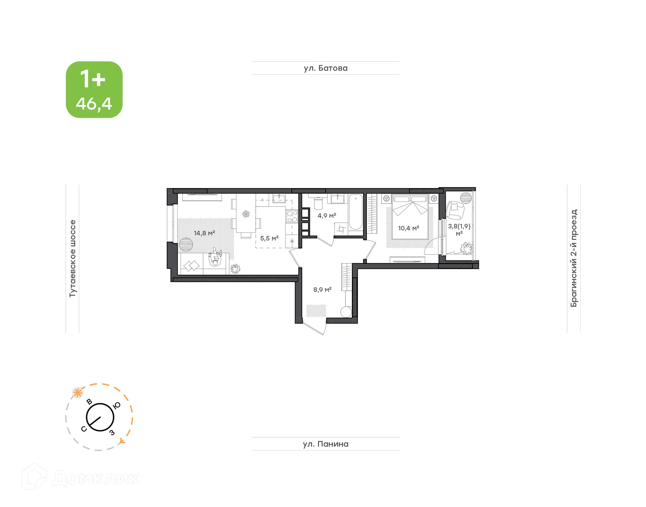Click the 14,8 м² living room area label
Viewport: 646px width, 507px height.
[204, 233]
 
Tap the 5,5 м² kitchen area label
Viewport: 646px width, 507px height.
[269, 239]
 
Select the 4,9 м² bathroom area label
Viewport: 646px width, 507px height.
[327, 216]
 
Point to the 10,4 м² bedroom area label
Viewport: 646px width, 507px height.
[408, 228]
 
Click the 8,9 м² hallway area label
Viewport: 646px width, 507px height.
[322, 290]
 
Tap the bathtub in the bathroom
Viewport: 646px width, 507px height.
[355, 212]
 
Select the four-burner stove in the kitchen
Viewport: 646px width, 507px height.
[292, 216]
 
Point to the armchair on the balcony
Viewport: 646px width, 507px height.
[455, 210]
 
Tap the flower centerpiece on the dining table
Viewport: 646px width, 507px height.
[246, 214]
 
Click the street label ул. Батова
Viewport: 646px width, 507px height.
[325, 68]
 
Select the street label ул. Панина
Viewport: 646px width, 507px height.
[325, 444]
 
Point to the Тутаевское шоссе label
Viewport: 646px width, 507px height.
[73, 258]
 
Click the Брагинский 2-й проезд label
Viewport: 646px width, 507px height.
[574, 258]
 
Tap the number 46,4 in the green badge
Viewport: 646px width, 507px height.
[94, 104]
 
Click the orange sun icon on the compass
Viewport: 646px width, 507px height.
[78, 393]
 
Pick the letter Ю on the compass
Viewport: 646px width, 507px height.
[116, 405]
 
